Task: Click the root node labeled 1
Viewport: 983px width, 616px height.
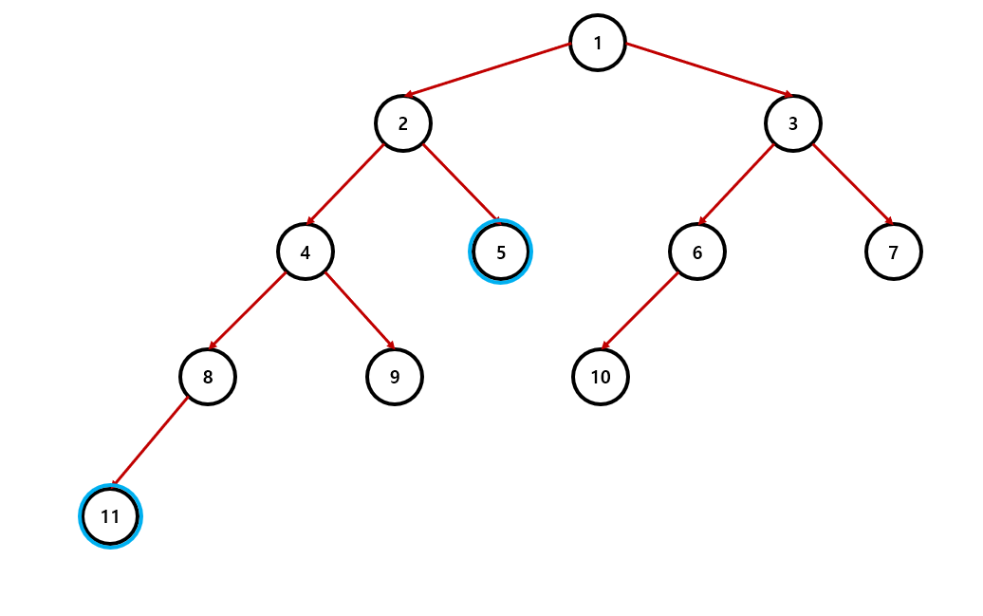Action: [x=598, y=43]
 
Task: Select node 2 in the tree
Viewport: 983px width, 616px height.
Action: [x=403, y=123]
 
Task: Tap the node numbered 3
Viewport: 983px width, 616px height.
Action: [x=793, y=123]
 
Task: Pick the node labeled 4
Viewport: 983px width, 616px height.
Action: [x=305, y=252]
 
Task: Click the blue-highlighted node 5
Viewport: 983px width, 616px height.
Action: [x=501, y=252]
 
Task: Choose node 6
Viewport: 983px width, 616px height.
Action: [x=697, y=252]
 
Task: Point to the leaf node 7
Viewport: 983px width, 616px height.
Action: [x=894, y=252]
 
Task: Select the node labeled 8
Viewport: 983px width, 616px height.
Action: [x=208, y=377]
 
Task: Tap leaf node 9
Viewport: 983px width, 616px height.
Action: [x=395, y=377]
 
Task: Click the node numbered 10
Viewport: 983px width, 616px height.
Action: [x=601, y=377]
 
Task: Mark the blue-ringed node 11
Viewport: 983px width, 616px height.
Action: [x=110, y=516]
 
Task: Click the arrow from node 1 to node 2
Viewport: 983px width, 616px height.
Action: [x=488, y=69]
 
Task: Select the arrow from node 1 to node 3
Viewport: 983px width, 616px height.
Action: [x=708, y=69]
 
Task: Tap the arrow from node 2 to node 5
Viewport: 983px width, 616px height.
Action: [x=460, y=182]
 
